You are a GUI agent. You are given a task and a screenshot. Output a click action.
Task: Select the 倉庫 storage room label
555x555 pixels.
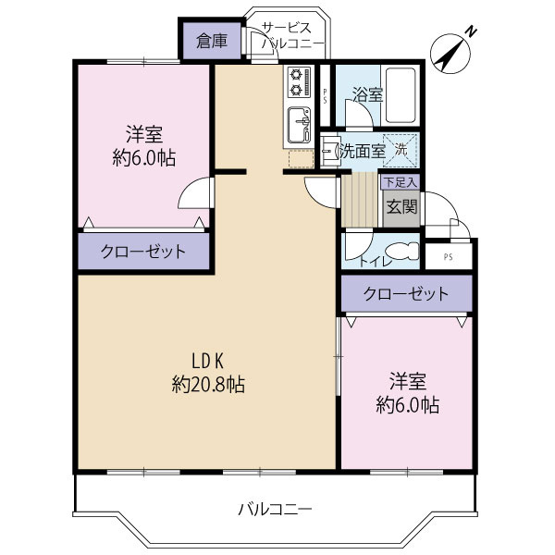point(210,41)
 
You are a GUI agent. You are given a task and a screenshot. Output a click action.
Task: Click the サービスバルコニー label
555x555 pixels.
point(291,35)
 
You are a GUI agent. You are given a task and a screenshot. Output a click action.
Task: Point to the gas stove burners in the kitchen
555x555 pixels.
point(299,82)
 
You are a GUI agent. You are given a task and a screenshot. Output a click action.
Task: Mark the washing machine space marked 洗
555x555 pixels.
point(401,148)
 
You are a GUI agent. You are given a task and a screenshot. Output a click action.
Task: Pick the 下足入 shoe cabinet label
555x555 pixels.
point(400,182)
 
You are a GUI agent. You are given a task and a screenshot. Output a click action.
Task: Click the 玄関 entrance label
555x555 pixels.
point(401,206)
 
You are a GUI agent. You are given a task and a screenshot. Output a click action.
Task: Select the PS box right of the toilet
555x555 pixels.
point(448,256)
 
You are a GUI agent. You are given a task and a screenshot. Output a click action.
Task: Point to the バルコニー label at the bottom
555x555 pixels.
point(275,509)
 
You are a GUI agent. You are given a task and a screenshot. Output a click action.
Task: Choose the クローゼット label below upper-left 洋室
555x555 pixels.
point(143,251)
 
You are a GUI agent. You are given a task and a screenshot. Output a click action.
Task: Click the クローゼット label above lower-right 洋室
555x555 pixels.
point(406,294)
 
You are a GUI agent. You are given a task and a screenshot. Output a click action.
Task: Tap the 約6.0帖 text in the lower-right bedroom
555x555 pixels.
point(407,404)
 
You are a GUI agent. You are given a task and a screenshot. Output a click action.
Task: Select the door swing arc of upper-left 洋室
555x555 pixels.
point(196,194)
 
